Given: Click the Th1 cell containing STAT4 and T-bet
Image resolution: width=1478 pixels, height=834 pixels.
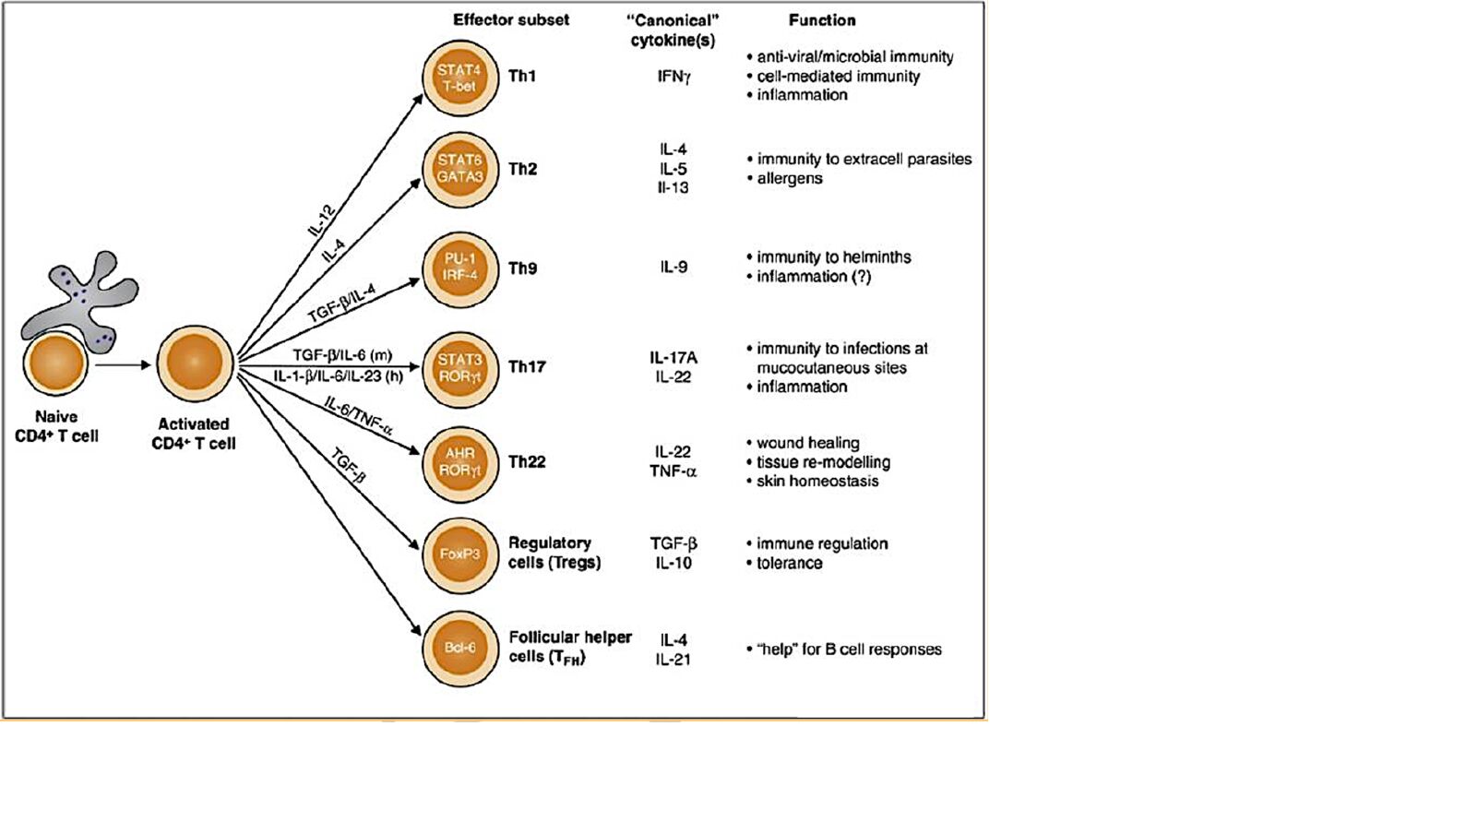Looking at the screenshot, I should point(459,78).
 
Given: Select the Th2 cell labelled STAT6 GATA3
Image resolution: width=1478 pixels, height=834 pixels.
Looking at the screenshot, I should point(459,169).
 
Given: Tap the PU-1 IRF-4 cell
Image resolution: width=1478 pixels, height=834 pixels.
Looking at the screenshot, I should point(459,268).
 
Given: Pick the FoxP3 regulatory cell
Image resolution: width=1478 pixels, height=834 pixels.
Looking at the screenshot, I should point(459,554).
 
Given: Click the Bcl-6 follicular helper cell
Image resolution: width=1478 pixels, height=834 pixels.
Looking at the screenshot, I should point(459,648).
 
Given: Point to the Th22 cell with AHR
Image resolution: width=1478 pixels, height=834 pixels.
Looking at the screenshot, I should point(459,462).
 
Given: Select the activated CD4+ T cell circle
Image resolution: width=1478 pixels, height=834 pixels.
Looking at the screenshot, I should point(195,363).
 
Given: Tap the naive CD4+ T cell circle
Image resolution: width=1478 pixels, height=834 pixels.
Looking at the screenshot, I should point(55,364).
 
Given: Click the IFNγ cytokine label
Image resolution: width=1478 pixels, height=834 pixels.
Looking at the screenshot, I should point(673,77).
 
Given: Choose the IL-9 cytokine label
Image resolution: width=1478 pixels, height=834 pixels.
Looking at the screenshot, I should point(673,268).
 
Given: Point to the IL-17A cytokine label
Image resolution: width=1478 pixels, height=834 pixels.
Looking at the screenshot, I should point(673,358).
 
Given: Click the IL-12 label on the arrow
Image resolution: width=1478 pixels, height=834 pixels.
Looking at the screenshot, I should point(322,220).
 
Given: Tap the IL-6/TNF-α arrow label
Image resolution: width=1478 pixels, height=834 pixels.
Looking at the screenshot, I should point(359,415).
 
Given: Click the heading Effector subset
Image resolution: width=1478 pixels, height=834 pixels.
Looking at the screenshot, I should point(510,20).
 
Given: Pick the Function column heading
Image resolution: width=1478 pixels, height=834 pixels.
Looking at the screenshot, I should point(821,20).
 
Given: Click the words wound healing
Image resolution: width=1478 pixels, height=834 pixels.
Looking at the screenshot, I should point(807,443).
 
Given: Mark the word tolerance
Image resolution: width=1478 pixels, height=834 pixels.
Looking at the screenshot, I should point(789,563).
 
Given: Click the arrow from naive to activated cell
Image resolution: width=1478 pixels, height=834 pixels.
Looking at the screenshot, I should point(122,365).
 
